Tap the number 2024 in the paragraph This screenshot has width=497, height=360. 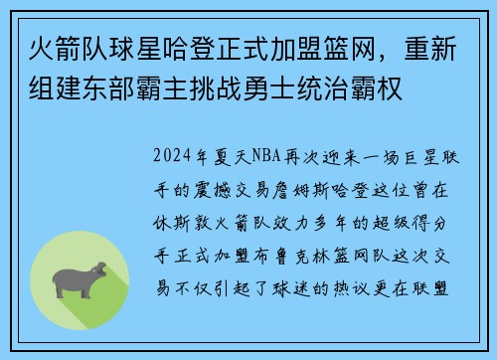173,156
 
